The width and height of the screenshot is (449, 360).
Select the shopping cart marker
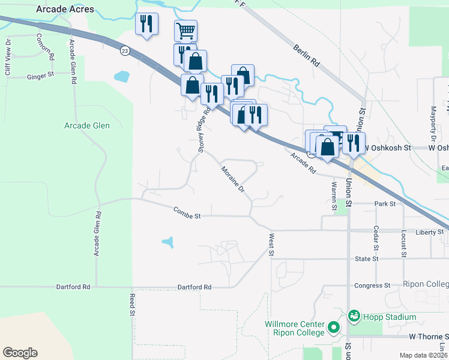tap(186, 30)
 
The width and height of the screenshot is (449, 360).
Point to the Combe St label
tap(186, 212)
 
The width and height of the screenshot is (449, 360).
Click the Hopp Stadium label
tap(393, 317)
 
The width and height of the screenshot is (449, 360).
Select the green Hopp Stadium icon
tap(354, 315)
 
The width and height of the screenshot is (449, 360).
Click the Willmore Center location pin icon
tap(334, 329)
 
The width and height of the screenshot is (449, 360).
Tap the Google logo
tap(20, 353)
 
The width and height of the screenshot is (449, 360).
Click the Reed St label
tap(132, 305)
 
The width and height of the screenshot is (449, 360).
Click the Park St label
tap(385, 204)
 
